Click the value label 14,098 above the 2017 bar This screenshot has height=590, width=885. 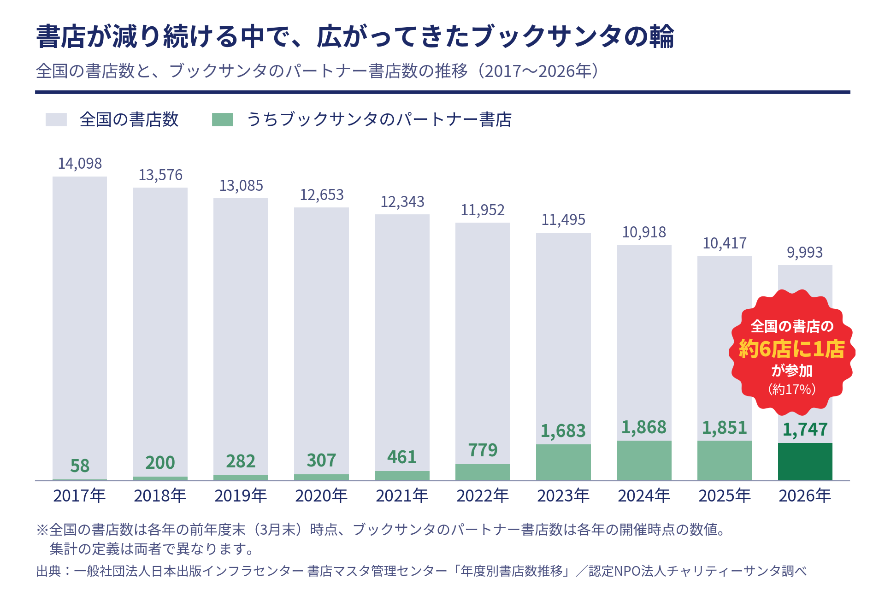(80, 164)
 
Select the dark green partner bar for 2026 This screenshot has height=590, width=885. (805, 461)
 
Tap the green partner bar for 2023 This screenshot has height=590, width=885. (563, 462)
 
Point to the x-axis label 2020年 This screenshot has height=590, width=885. (321, 496)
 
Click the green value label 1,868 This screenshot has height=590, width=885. (644, 427)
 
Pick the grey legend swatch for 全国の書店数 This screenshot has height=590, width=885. (56, 119)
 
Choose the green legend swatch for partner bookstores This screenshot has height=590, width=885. (222, 119)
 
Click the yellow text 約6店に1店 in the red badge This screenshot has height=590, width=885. (791, 349)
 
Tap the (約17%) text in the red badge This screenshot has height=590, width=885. (791, 389)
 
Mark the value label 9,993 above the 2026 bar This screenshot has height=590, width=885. (805, 253)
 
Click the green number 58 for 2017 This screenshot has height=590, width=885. (80, 466)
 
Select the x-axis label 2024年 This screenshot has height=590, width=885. (644, 496)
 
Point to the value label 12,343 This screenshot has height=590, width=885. (402, 202)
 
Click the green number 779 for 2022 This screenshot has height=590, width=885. (483, 450)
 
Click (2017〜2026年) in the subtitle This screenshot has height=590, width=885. (538, 71)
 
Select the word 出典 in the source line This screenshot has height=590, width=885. (48, 571)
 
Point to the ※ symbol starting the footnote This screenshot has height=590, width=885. (42, 530)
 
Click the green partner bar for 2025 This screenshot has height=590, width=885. (725, 460)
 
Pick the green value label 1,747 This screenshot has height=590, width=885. (805, 430)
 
